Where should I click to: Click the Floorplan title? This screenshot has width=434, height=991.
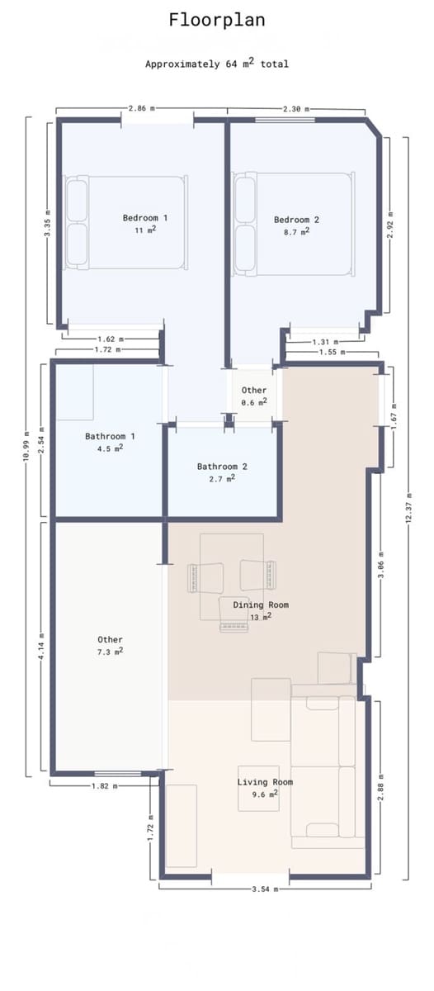pyautogui.click(x=216, y=21)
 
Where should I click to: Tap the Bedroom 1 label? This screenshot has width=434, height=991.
pyautogui.click(x=145, y=218)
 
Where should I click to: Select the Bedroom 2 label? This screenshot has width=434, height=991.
pyautogui.click(x=296, y=220)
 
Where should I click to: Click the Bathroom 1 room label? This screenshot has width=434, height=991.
pyautogui.click(x=110, y=436)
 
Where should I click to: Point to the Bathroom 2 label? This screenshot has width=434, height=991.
pyautogui.click(x=222, y=467)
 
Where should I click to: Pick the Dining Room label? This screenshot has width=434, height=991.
pyautogui.click(x=261, y=605)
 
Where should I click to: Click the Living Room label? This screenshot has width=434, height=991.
pyautogui.click(x=265, y=782)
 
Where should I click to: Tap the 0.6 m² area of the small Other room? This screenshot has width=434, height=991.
pyautogui.click(x=254, y=402)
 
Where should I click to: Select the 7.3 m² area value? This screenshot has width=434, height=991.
pyautogui.click(x=110, y=652)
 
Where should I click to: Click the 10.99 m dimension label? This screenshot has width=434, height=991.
pyautogui.click(x=26, y=446)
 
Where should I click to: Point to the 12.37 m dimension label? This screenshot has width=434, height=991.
pyautogui.click(x=408, y=507)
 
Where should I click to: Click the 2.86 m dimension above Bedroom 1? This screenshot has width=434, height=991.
pyautogui.click(x=141, y=108)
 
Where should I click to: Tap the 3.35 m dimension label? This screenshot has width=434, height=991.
pyautogui.click(x=47, y=223)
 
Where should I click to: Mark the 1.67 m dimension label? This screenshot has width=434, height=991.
pyautogui.click(x=394, y=416)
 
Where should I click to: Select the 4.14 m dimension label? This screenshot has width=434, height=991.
pyautogui.click(x=41, y=647)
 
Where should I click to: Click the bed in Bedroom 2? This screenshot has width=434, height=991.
pyautogui.click(x=294, y=224)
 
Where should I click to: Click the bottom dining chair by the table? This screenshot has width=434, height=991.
pyautogui.click(x=233, y=615)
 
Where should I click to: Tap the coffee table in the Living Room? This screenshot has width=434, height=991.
pyautogui.click(x=258, y=788)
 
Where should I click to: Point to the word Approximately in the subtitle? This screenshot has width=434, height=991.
pyautogui.click(x=182, y=64)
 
